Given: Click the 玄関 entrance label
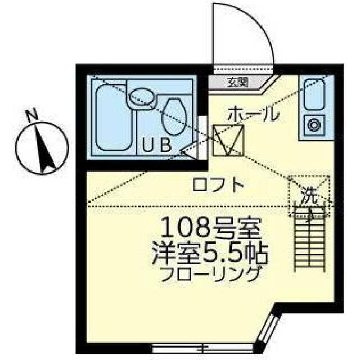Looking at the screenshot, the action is (x=238, y=82).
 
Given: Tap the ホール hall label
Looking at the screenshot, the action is (x=254, y=114).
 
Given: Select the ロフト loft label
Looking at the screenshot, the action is (x=218, y=184).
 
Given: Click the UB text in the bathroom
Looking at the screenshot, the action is (x=156, y=145).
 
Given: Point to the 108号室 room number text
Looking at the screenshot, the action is (x=211, y=227).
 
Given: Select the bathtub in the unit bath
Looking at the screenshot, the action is (x=113, y=118).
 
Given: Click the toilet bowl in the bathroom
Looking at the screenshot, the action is (x=174, y=116).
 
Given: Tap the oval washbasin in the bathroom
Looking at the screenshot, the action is (x=141, y=96).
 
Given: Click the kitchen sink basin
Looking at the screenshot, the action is (x=314, y=94).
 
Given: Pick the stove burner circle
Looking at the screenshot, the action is (x=314, y=125).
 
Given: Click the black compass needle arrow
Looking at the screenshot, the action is (x=45, y=147).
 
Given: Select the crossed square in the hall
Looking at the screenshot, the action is (x=228, y=141).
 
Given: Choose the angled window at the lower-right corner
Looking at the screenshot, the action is (x=268, y=328).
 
